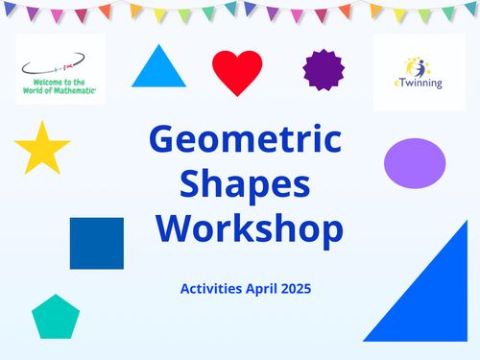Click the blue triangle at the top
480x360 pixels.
(158, 71)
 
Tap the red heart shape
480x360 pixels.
(237, 70)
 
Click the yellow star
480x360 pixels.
(42, 149)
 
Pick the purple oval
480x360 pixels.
(415, 161)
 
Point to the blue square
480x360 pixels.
(97, 243)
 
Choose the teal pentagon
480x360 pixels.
(56, 318)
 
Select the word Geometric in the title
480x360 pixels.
(245, 141)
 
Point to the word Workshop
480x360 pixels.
(250, 228)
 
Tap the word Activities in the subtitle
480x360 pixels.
(213, 287)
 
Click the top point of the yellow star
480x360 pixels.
(42, 122)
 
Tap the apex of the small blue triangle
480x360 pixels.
(158, 44)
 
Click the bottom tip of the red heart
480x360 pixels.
(237, 96)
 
